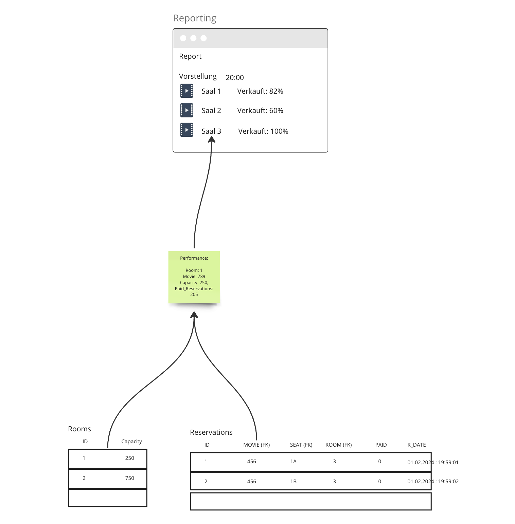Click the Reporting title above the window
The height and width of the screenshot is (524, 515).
pos(195,18)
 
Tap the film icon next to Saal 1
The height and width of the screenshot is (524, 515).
pos(187,91)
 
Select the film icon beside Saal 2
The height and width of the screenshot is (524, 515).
pos(187,110)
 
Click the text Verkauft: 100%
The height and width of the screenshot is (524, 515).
pos(263,131)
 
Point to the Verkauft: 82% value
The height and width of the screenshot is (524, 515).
pos(260,91)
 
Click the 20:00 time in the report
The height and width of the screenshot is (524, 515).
pos(234,78)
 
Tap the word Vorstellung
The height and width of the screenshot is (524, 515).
pos(198,76)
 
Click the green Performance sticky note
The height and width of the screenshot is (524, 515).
pos(194,277)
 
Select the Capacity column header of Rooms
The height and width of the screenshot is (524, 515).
pos(131,442)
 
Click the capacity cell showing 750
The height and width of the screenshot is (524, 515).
pos(129,478)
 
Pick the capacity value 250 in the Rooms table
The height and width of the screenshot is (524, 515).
pos(129,458)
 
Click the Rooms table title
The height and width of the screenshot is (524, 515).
pos(79,429)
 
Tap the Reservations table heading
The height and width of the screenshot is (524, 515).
pos(211,432)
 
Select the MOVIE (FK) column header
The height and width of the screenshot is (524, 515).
pos(256,445)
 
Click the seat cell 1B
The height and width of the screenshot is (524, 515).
pos(294,482)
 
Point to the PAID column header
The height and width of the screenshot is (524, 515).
pos(381,445)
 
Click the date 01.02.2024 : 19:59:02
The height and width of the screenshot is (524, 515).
pos(433,482)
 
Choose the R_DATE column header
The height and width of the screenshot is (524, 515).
pos(416,445)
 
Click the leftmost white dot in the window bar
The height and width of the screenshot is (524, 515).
pos(183,38)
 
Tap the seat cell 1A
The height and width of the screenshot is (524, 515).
pos(294,462)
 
